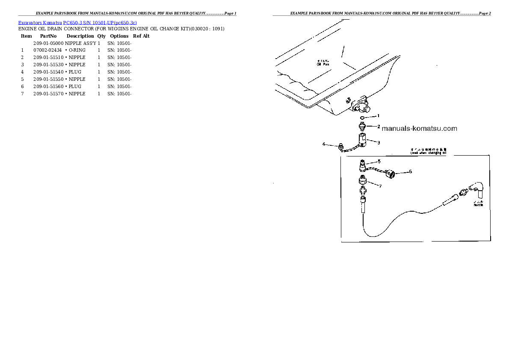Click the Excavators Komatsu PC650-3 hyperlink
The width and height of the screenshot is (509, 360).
click(x=77, y=22)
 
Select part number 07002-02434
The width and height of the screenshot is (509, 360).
click(x=47, y=50)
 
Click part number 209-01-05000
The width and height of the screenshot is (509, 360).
click(x=48, y=43)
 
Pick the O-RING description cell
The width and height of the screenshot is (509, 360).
click(x=77, y=50)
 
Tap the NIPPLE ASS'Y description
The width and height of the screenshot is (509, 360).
click(x=81, y=43)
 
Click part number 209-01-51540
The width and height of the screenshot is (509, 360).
click(x=48, y=72)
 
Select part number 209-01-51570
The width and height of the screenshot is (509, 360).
click(x=48, y=94)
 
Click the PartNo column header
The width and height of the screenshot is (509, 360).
click(x=48, y=36)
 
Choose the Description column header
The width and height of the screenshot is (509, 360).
click(x=80, y=36)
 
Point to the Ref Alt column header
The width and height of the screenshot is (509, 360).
click(x=141, y=36)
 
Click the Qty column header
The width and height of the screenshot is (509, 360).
click(x=101, y=36)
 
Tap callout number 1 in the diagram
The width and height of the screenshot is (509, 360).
click(x=378, y=116)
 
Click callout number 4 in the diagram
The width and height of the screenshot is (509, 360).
click(x=324, y=144)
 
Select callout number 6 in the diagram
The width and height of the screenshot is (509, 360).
click(x=410, y=171)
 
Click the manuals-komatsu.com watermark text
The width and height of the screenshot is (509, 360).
click(x=419, y=128)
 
